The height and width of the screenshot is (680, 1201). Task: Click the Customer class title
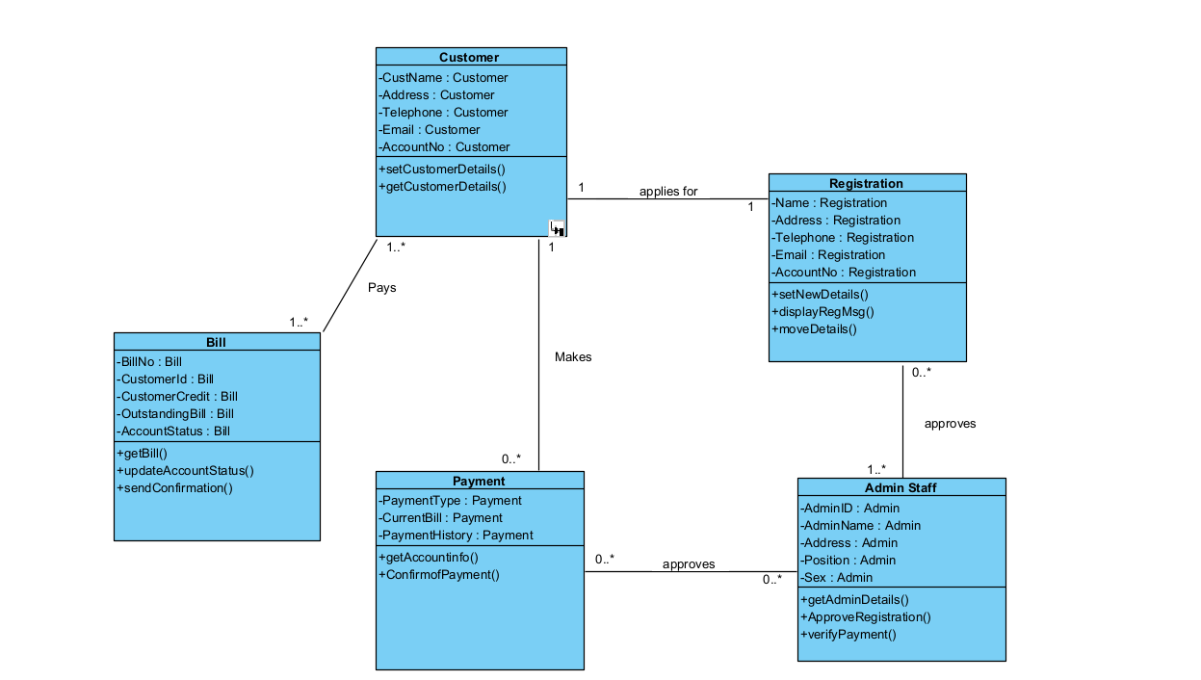pyautogui.click(x=469, y=57)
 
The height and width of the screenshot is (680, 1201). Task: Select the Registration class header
pyautogui.click(x=866, y=183)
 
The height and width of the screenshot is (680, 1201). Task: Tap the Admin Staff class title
pyautogui.click(x=901, y=487)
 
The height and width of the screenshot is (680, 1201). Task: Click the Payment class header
pyautogui.click(x=479, y=481)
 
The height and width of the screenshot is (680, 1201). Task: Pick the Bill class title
pyautogui.click(x=216, y=342)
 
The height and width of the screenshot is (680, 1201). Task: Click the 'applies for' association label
pyautogui.click(x=667, y=191)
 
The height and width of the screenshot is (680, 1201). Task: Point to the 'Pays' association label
pyautogui.click(x=381, y=287)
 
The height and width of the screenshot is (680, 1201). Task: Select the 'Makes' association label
pyautogui.click(x=573, y=356)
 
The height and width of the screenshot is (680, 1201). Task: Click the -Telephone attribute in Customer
pyautogui.click(x=443, y=112)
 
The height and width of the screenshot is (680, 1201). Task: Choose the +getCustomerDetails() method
pyautogui.click(x=442, y=186)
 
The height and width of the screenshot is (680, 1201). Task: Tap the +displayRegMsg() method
pyautogui.click(x=822, y=311)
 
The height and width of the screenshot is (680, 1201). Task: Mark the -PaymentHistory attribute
pyautogui.click(x=456, y=535)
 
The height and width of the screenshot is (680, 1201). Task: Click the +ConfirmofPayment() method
pyautogui.click(x=439, y=574)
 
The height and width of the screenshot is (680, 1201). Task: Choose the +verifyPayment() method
pyautogui.click(x=848, y=634)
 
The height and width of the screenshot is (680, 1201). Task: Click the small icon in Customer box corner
pyautogui.click(x=557, y=227)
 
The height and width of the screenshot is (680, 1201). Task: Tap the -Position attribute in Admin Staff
pyautogui.click(x=848, y=560)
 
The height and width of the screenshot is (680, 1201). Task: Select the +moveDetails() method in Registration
pyautogui.click(x=814, y=328)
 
